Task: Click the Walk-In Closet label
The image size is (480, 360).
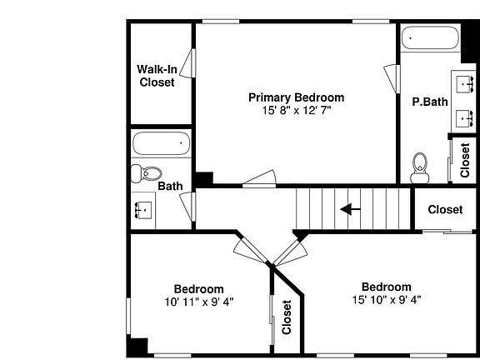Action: point(157,76)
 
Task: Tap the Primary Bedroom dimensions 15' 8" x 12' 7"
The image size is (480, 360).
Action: point(297,110)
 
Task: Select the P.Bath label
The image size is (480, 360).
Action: point(430,102)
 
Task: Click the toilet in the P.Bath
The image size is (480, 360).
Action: point(420,168)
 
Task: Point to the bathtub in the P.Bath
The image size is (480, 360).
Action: point(430,38)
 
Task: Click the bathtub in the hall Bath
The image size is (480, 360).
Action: point(162,143)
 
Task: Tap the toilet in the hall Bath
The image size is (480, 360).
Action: point(147,173)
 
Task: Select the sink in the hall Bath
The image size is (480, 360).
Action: point(143,210)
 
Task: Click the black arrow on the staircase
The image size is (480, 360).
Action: point(350,209)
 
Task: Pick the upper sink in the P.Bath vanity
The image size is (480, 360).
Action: point(465,84)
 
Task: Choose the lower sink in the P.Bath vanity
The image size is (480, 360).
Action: point(465,119)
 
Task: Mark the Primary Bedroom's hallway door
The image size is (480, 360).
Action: point(260,178)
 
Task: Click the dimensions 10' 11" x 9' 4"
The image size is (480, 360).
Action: point(199,302)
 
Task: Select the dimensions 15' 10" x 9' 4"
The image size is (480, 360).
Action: point(387,300)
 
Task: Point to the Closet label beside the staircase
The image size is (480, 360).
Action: point(445,210)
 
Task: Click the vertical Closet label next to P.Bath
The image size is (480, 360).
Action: point(465,160)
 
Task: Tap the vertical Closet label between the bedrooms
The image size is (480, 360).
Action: point(287,317)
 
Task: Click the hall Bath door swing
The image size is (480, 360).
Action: point(187,207)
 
